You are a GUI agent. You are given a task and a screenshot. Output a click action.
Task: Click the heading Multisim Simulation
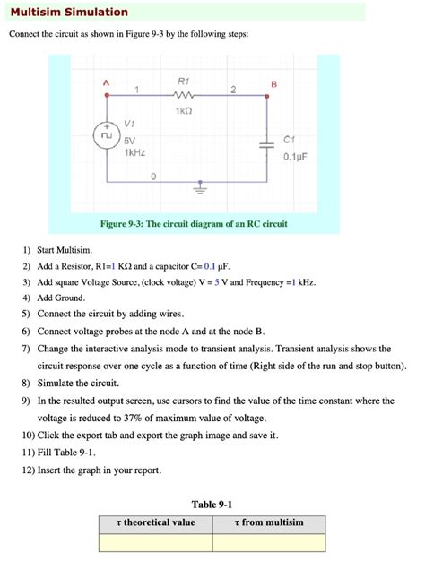click(69, 13)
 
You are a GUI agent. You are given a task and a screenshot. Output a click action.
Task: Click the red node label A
click(106, 82)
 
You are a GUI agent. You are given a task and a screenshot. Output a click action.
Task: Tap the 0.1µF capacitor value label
click(295, 157)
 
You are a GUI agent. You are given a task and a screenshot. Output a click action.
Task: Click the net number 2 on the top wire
click(232, 90)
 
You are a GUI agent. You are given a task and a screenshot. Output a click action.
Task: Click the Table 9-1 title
click(212, 505)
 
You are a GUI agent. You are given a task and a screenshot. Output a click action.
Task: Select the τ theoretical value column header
click(156, 522)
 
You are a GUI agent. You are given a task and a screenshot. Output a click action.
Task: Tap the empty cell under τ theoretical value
click(156, 542)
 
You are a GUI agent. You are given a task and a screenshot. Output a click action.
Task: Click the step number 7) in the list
click(27, 349)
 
